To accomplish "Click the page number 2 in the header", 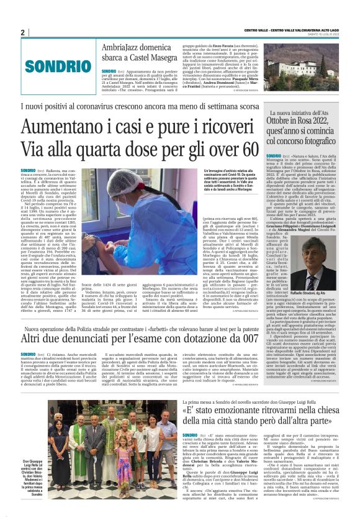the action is tap(23, 32).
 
